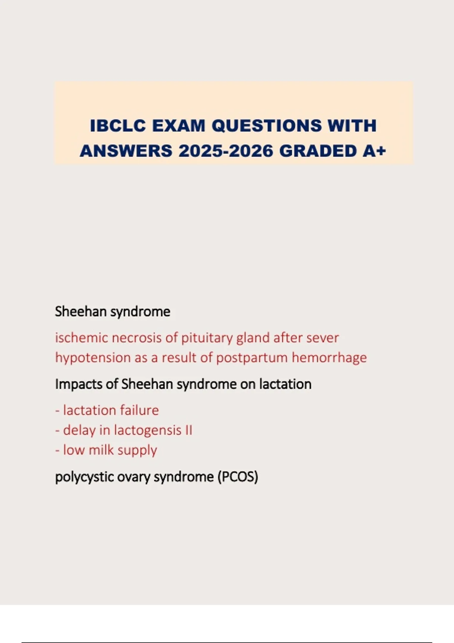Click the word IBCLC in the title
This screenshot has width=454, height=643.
118,126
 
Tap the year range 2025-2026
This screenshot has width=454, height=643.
226,151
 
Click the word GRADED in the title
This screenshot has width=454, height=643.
317,151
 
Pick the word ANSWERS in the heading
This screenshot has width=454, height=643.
126,151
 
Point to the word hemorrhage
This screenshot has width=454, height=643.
329,358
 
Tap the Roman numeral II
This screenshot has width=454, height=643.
188,430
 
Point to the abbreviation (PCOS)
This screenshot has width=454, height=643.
238,477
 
